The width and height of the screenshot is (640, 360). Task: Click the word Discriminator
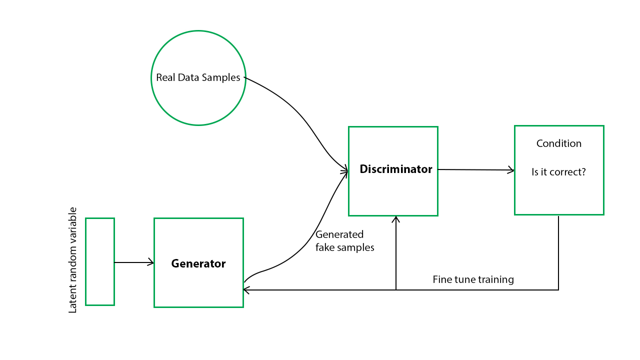[395, 169]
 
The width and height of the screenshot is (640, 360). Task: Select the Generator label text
[198, 263]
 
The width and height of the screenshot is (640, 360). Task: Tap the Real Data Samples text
[198, 78]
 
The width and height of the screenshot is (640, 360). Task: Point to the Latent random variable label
[73, 260]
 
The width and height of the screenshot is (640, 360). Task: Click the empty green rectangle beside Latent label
[100, 261]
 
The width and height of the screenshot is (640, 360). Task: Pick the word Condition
[558, 143]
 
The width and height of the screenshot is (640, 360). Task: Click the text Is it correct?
[558, 172]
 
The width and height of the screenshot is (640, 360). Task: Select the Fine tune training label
[473, 279]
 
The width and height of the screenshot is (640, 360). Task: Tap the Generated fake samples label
[344, 241]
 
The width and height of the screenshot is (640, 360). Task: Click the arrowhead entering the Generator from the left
[151, 262]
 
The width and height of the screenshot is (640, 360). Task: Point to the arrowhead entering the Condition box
[511, 170]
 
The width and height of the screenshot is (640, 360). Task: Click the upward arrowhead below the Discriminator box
[396, 219]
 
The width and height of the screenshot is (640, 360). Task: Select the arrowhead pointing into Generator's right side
[246, 289]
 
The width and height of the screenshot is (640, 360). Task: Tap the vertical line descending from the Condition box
[558, 252]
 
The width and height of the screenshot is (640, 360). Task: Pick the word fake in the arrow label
[325, 247]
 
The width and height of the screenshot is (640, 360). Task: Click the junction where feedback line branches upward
[396, 289]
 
